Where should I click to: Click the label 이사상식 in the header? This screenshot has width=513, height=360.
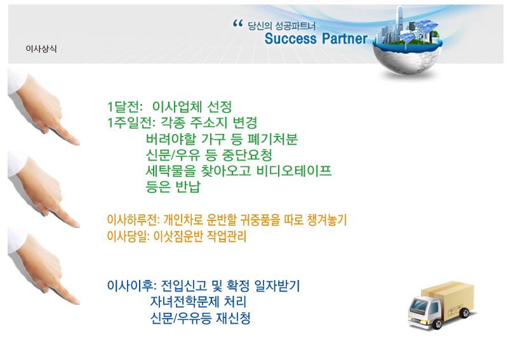41,49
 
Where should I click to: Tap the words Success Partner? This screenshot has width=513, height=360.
316,39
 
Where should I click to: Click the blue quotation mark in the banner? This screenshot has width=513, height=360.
238,23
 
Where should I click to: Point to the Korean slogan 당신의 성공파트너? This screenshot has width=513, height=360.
281,26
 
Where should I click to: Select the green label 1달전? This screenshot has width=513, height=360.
125,107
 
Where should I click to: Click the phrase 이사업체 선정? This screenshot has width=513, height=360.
192,107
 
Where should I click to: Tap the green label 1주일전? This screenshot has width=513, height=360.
131,123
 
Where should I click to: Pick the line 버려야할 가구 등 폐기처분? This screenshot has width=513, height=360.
222,139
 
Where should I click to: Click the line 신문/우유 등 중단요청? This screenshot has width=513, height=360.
209,155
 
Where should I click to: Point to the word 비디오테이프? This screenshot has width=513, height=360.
294,171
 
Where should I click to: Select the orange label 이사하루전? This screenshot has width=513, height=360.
133,220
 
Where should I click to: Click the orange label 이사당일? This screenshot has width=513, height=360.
128,236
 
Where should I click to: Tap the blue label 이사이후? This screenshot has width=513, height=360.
132,286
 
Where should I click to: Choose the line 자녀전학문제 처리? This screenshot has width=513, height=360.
198,302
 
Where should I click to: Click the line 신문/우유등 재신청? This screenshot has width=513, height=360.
200,317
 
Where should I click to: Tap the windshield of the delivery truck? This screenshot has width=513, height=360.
420,305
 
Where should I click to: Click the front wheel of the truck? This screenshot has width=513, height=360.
437,324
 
